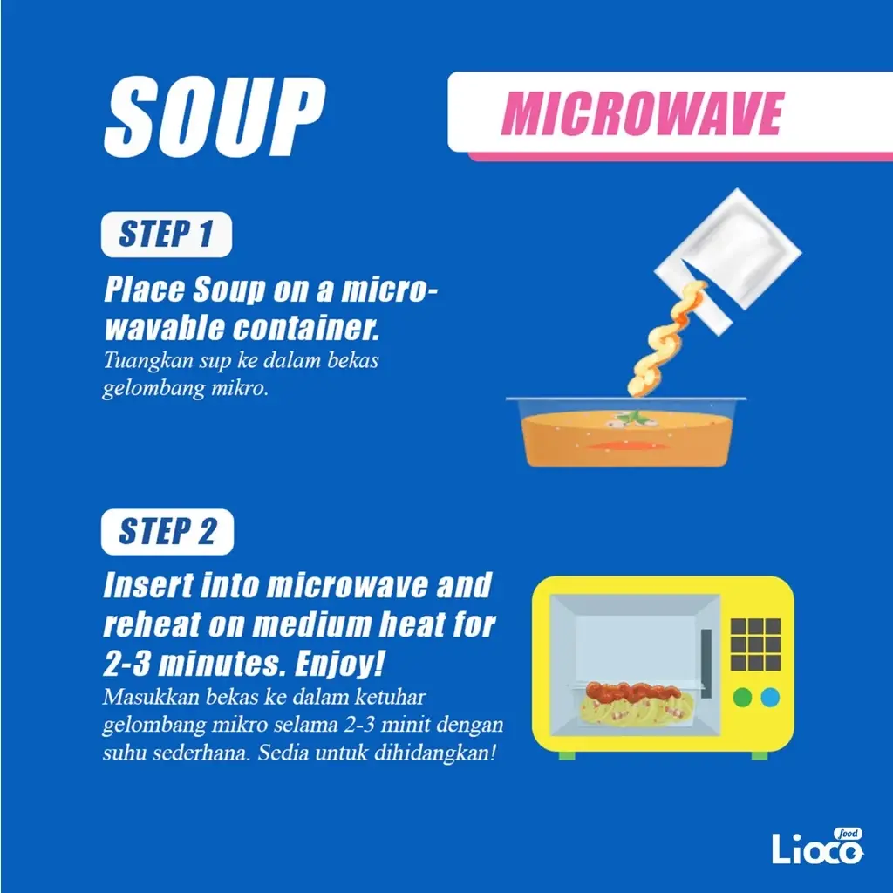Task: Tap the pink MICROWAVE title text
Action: coord(643,113)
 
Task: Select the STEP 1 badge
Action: coord(166,235)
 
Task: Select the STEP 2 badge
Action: coord(167,532)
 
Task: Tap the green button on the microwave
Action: coord(742,697)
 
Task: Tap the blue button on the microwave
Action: coord(770,697)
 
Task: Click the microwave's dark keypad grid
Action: coord(755,644)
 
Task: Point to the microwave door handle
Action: coord(706,663)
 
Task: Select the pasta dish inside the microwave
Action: coord(634,703)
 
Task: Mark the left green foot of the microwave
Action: coord(566,754)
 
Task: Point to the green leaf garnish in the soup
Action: coord(640,418)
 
